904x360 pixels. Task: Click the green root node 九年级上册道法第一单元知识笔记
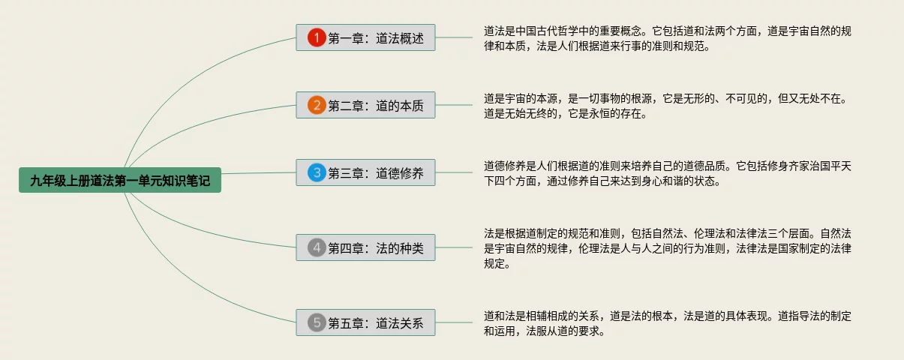[120, 180]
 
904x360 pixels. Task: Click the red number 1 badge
[317, 37]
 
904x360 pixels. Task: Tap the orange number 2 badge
[317, 106]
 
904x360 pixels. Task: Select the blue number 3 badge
[317, 173]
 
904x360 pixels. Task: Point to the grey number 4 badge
[317, 247]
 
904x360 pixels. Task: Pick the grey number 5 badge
[317, 322]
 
